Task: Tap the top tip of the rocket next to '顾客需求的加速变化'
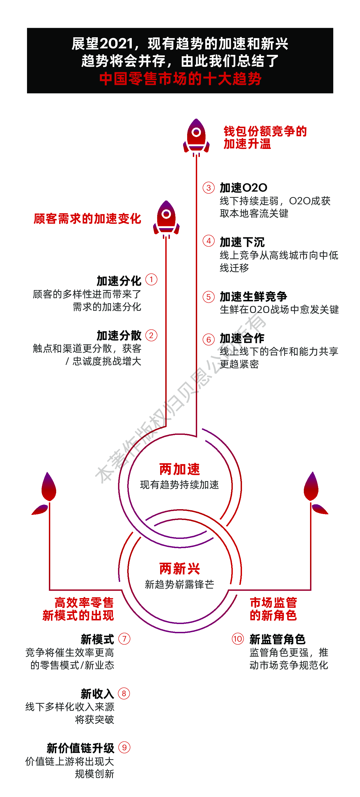(166, 201)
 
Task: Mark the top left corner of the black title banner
(27, 28)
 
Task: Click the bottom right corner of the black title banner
(333, 93)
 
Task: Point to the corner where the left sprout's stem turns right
(49, 590)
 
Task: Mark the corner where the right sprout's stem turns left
(311, 590)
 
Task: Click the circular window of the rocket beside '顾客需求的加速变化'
(166, 214)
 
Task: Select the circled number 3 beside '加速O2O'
(208, 188)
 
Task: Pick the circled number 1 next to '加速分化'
(151, 280)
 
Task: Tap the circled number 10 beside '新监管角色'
(238, 639)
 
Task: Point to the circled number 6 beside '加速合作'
(208, 339)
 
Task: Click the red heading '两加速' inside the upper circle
(180, 469)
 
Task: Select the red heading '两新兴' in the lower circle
(180, 569)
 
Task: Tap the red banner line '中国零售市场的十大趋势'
(180, 79)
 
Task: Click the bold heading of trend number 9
(80, 748)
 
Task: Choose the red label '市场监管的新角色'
(273, 609)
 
